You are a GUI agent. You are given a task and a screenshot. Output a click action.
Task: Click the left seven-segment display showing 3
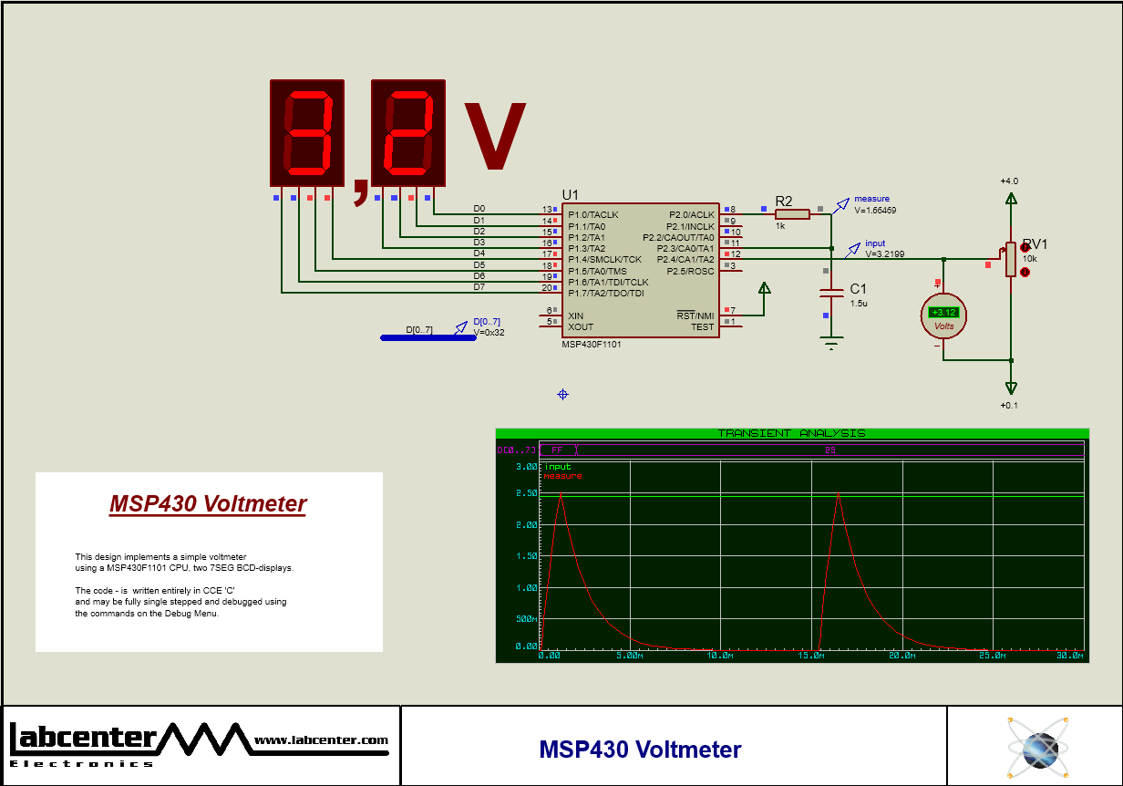307,133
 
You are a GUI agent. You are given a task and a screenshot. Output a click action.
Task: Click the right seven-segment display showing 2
407,133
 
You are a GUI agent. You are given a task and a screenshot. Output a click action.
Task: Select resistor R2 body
792,214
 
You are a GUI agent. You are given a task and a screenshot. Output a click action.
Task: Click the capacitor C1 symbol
831,293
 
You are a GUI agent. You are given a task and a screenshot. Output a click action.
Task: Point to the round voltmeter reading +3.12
943,315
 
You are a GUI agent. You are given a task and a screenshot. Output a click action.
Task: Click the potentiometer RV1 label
1035,244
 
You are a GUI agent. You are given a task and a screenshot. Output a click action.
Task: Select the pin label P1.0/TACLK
592,215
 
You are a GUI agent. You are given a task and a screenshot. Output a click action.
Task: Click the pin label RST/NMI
695,315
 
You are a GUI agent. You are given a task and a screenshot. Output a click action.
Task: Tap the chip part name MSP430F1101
592,345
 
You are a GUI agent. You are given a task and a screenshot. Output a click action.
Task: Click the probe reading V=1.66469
875,210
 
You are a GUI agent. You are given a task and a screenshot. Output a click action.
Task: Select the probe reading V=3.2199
884,254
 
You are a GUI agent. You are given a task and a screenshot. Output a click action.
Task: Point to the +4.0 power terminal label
1009,181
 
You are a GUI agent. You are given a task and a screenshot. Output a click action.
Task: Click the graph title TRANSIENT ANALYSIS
791,433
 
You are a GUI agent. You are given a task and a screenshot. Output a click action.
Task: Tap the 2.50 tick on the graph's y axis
527,493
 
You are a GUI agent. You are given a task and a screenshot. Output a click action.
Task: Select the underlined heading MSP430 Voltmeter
208,503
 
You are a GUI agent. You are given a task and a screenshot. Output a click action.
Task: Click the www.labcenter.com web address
321,739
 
